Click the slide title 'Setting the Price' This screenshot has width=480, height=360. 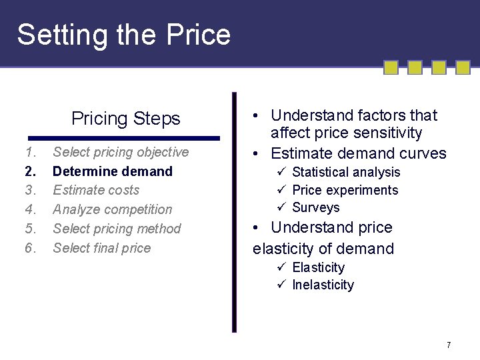tap(123, 35)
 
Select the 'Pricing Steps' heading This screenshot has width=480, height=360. tap(125, 119)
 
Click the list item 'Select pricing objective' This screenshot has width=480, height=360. tap(121, 152)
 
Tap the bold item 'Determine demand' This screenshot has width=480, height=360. tap(113, 171)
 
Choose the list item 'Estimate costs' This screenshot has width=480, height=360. tap(96, 190)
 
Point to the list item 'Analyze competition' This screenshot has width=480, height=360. tap(112, 209)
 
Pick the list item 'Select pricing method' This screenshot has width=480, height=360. tap(117, 229)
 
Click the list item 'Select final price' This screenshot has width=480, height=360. tap(101, 248)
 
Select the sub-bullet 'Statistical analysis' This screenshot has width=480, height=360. tap(346, 173)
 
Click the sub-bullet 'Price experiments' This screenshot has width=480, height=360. tap(345, 190)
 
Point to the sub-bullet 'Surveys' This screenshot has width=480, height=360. tap(316, 207)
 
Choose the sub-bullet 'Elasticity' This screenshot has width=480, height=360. tap(318, 267)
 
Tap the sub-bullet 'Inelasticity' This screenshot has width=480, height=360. tap(323, 285)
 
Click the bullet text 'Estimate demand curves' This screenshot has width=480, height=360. tap(358, 153)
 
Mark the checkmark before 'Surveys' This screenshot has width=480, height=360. tap(281, 207)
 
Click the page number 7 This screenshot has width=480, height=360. tap(449, 345)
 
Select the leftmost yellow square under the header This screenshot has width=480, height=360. tap(391, 67)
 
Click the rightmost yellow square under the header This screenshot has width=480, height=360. tap(463, 67)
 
